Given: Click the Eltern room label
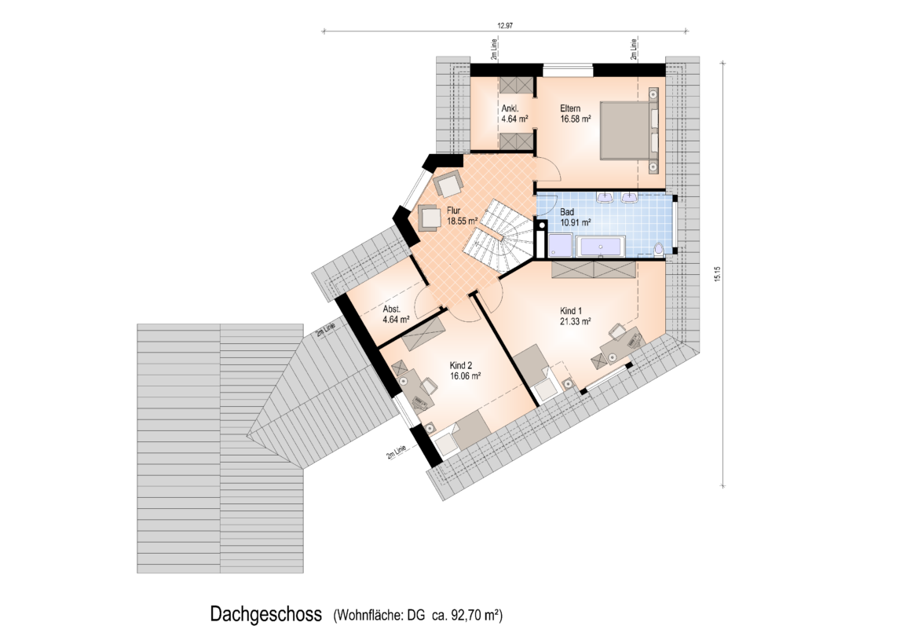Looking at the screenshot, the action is pos(570,108).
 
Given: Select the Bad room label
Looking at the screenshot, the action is pos(566,212).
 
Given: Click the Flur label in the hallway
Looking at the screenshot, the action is pos(453,210).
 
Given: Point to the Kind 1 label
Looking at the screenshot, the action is pos(570,311).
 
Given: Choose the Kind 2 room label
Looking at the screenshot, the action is pos(461,366).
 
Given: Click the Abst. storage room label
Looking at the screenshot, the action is pos(392,309).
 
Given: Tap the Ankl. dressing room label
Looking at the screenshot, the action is pos(510,108).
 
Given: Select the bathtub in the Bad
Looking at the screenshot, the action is pos(599,247).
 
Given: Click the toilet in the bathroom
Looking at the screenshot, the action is pos(658,249).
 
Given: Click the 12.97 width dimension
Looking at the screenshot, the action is pos(504,25).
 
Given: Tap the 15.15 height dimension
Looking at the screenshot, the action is pos(717,274).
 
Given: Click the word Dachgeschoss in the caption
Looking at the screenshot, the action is pos(265,614).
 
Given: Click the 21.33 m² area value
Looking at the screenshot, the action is pos(575,321).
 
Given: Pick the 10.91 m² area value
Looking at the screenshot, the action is pos(575,222).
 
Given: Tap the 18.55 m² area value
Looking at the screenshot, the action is pos(462,221).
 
